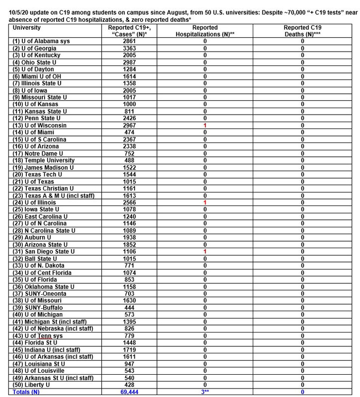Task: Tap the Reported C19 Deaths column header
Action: pos(302,31)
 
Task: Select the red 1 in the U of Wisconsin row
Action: pos(205,126)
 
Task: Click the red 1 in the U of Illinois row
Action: pos(205,202)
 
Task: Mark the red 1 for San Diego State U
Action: pos(205,252)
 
